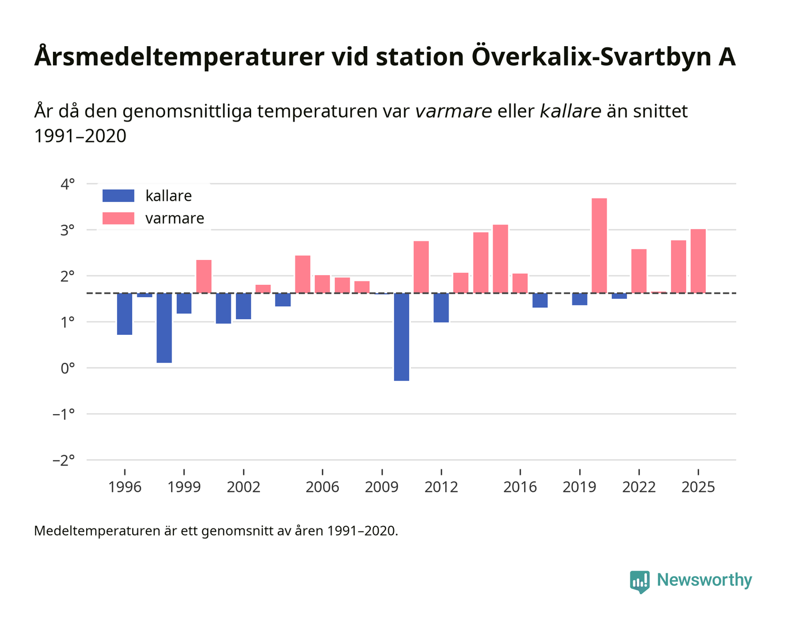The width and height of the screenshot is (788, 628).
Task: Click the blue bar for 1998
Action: (164, 328)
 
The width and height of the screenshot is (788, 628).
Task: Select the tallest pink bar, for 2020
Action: (599, 245)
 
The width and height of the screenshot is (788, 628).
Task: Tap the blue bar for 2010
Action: (401, 337)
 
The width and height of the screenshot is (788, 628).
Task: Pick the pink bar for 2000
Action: (204, 276)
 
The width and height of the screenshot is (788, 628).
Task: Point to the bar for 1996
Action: (124, 313)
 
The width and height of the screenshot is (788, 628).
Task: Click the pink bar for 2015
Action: (500, 259)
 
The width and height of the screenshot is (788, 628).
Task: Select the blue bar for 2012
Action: (441, 307)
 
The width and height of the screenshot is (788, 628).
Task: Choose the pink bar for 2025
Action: (698, 261)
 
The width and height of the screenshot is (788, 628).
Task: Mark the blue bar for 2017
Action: (540, 300)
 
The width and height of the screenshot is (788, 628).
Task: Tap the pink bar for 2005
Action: (303, 274)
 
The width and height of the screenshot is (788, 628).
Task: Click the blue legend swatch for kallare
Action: (118, 196)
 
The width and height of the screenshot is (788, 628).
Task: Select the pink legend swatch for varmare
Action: (118, 218)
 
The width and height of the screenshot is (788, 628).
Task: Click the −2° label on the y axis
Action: (64, 460)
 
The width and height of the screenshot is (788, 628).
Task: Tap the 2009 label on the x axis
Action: (382, 487)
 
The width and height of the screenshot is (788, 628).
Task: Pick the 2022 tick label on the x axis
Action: (639, 487)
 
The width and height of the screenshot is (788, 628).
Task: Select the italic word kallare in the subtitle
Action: (571, 111)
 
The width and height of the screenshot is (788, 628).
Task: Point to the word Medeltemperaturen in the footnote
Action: (97, 531)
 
